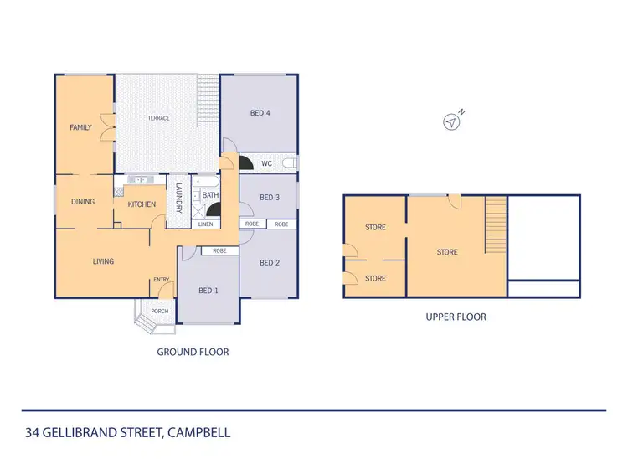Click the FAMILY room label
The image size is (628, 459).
click(80, 127)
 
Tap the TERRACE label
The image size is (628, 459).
click(159, 118)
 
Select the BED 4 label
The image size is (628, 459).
click(260, 113)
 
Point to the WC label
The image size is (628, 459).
click(266, 163)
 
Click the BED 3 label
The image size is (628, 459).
click(269, 198)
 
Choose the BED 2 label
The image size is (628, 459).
click(269, 262)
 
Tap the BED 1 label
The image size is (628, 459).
click(208, 291)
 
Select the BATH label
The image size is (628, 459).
click(210, 195)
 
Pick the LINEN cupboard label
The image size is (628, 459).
click(206, 224)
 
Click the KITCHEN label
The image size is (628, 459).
click(142, 204)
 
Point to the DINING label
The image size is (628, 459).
click(83, 202)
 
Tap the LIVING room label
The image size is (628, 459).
click(103, 261)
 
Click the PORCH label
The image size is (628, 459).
click(159, 312)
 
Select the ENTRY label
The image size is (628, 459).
click(161, 280)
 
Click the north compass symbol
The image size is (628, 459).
click(452, 121)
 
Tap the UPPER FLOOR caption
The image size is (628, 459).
click(456, 317)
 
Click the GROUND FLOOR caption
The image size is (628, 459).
click(193, 352)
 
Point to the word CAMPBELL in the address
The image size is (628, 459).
click(199, 433)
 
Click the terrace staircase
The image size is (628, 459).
click(208, 101)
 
